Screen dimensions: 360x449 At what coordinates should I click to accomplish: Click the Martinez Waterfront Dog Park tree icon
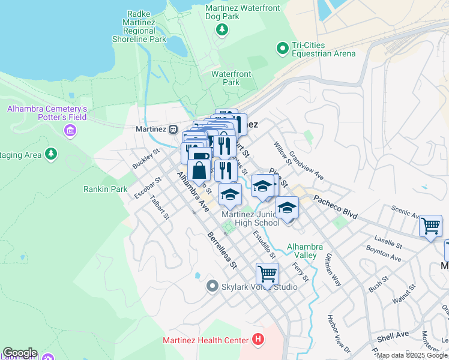[x=223, y=29]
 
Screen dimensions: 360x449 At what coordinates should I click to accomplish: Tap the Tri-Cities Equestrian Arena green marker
[x=281, y=47]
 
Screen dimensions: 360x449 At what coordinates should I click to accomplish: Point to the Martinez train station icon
[x=173, y=129]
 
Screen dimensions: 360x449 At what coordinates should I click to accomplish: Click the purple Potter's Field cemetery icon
[x=71, y=130]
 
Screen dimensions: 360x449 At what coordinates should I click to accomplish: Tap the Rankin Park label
[x=105, y=189]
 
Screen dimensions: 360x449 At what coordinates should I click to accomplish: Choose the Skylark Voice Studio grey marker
[x=211, y=287]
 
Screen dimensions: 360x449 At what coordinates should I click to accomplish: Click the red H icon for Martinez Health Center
[x=258, y=340]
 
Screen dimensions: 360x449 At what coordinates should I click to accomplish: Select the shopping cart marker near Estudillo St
[x=267, y=274]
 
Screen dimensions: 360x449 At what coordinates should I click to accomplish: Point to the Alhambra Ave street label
[x=192, y=191]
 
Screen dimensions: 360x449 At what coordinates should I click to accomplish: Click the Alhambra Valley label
[x=305, y=251]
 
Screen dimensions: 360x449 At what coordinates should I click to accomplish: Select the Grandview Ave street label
[x=306, y=166]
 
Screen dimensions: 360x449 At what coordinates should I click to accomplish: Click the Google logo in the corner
[x=20, y=353]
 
